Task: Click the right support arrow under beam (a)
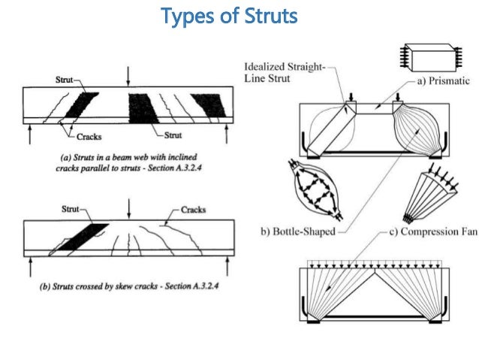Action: click(227, 133)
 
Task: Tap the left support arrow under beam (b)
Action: click(30, 263)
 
